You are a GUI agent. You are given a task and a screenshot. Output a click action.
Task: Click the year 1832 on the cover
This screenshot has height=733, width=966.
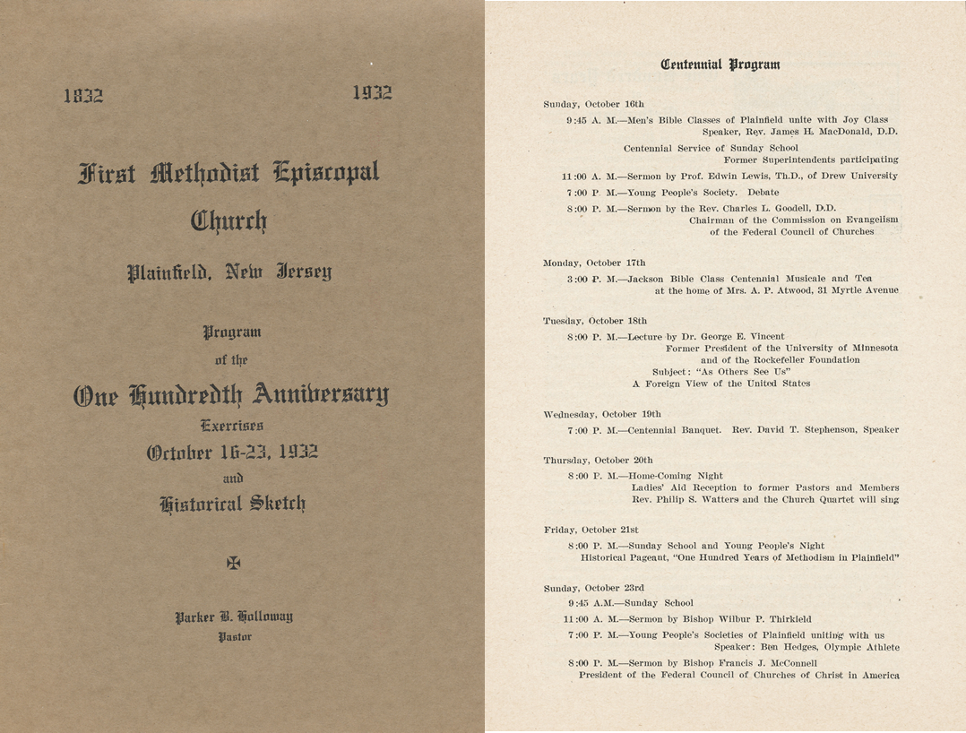(83, 96)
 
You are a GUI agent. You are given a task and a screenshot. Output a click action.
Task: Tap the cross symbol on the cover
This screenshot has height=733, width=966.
(234, 563)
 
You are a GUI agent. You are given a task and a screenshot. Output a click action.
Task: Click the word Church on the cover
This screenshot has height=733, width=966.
(229, 220)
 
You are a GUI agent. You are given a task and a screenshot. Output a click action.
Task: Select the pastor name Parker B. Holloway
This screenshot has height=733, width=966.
(234, 617)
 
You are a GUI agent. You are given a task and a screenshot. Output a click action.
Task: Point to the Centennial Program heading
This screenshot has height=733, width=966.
(720, 65)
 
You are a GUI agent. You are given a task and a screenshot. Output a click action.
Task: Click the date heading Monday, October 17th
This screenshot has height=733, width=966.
(594, 263)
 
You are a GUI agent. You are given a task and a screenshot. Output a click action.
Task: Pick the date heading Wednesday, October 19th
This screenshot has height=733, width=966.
(601, 414)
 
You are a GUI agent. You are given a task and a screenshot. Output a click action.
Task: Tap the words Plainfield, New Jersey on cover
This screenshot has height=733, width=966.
(229, 272)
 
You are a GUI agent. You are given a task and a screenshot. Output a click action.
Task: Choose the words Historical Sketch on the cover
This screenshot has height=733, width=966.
(232, 504)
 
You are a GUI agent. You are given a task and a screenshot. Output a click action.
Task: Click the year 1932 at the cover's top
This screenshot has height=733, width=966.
(372, 92)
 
